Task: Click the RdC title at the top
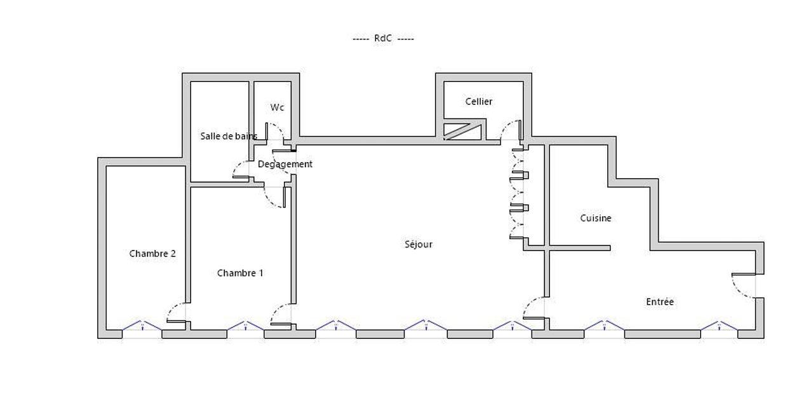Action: [x=383, y=38]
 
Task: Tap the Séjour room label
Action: [x=419, y=244]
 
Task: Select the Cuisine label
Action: [x=596, y=218]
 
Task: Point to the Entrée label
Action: [x=660, y=301]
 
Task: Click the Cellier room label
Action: [x=479, y=102]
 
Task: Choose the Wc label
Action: [x=277, y=107]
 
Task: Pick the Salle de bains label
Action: [x=229, y=136]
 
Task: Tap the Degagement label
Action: [x=285, y=164]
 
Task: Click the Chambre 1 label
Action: [x=240, y=273]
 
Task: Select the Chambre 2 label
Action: [x=152, y=254]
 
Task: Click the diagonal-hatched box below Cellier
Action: [x=462, y=132]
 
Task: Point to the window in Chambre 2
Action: [x=142, y=326]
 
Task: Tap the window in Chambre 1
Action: [x=245, y=326]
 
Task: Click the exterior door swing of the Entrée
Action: [x=744, y=286]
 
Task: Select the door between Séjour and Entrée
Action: [x=534, y=308]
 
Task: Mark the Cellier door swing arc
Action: [x=511, y=130]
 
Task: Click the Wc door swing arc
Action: [x=275, y=132]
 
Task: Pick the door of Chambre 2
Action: [x=177, y=313]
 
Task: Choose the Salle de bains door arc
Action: [x=241, y=170]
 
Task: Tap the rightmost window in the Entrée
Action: [x=719, y=326]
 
